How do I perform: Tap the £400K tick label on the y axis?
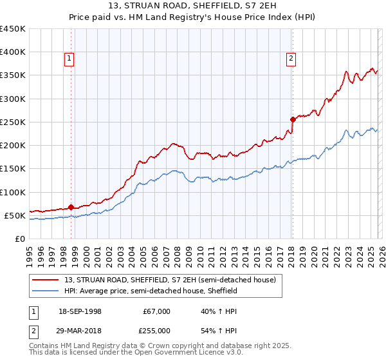[13, 52]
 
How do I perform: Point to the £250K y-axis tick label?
[13, 122]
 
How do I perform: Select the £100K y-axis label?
[13, 192]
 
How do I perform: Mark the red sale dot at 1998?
[71, 207]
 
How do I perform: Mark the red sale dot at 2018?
[293, 119]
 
